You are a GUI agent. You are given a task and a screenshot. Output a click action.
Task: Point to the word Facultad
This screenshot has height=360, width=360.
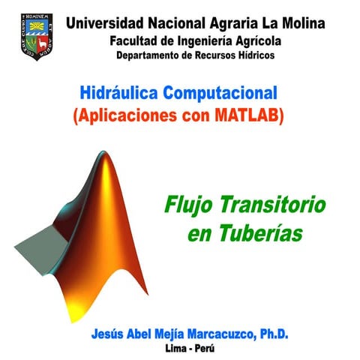point(135,40)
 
